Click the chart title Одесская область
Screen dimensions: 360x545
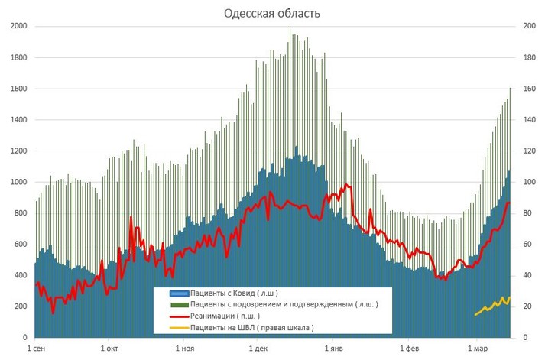coord(272,14)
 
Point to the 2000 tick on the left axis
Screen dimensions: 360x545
coord(18,27)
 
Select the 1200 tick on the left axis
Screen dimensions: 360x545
coord(18,151)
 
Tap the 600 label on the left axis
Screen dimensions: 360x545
coord(20,245)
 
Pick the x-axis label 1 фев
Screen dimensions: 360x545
coord(408,348)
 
